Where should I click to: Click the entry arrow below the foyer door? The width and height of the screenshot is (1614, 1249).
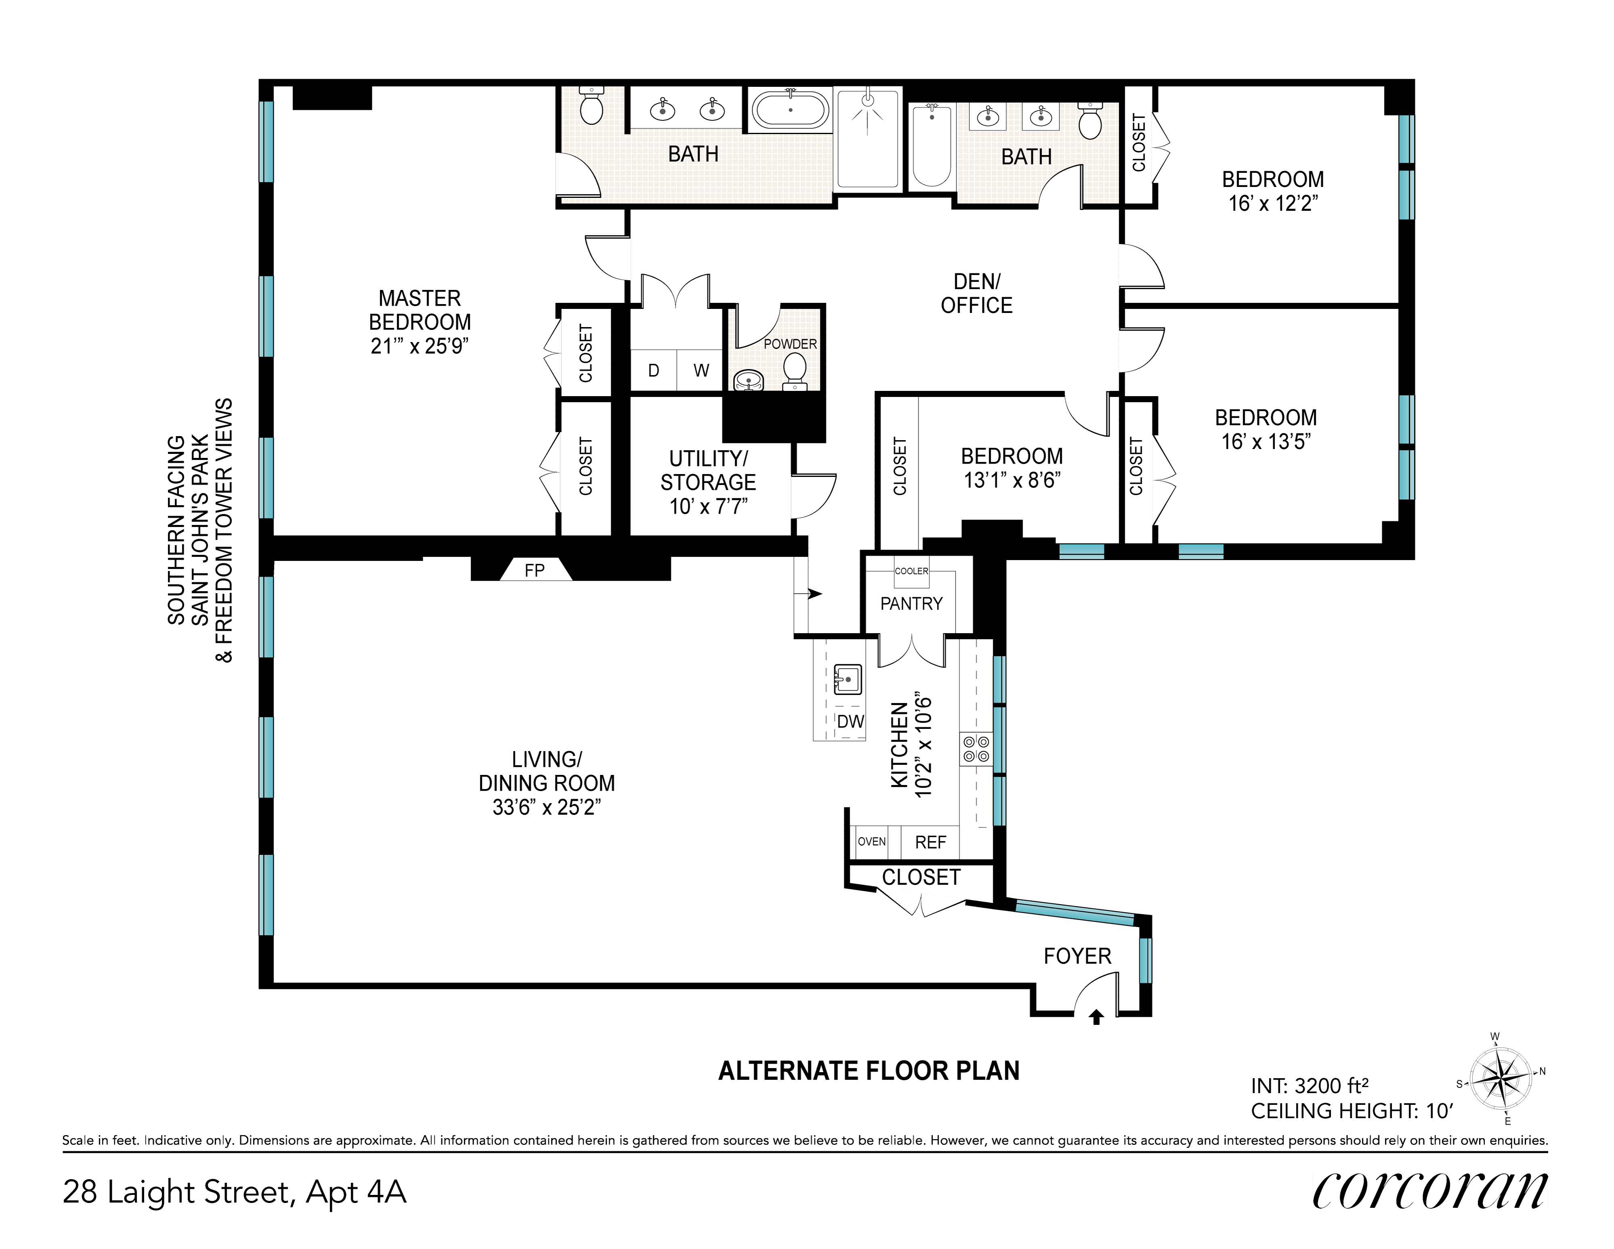coord(1097,1018)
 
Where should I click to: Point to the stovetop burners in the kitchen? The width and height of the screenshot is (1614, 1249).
coord(975,749)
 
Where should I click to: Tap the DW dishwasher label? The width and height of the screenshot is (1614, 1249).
coord(851,721)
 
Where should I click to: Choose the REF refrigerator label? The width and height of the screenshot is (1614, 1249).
coord(931,842)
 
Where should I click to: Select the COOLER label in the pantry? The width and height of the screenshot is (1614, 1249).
coord(911,571)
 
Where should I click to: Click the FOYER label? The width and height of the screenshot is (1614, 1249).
coord(1077,956)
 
